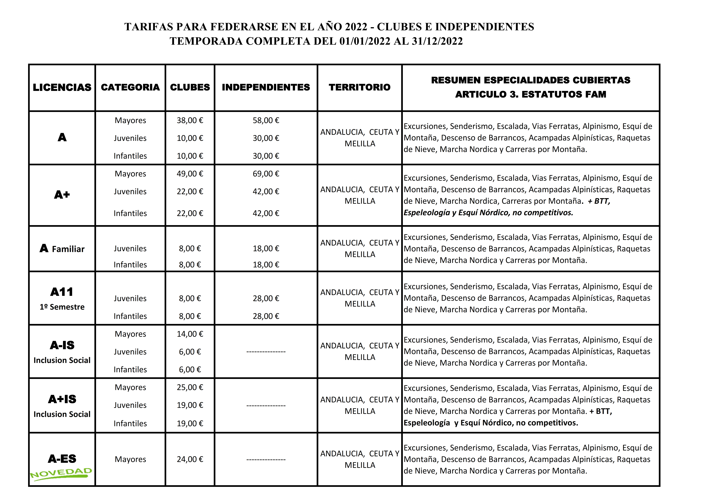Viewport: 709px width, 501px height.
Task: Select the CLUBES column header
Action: pos(190,87)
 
